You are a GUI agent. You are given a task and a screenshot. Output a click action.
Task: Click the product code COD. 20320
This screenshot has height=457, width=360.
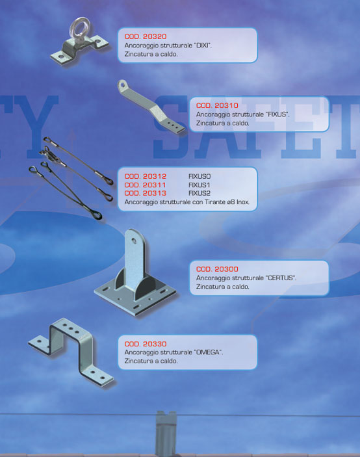point(146,36)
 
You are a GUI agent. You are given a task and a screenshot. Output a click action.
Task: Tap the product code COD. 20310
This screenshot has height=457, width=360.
point(217,105)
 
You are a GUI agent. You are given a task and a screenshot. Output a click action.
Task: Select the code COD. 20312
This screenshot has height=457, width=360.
point(146,176)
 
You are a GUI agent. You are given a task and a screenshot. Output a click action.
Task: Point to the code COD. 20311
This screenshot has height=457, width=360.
point(145,185)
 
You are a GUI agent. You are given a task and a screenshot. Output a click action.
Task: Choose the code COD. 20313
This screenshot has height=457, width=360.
point(146,193)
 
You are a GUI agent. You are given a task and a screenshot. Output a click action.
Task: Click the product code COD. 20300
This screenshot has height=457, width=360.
point(217,269)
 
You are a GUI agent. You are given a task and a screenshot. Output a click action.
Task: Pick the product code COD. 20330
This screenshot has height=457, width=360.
point(146,344)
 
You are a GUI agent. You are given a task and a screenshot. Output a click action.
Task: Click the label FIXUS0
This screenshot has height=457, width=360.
point(199,176)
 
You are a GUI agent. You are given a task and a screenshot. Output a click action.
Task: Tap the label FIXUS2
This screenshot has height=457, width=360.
point(199,193)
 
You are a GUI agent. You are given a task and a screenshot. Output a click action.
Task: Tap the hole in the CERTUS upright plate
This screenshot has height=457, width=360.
point(134,241)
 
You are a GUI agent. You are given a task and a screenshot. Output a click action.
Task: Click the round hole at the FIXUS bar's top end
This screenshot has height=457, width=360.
point(123,85)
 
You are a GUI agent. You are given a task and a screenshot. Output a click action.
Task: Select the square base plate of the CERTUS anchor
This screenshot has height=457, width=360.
point(135,300)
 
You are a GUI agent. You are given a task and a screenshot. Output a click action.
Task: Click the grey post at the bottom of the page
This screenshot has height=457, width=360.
point(166,434)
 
